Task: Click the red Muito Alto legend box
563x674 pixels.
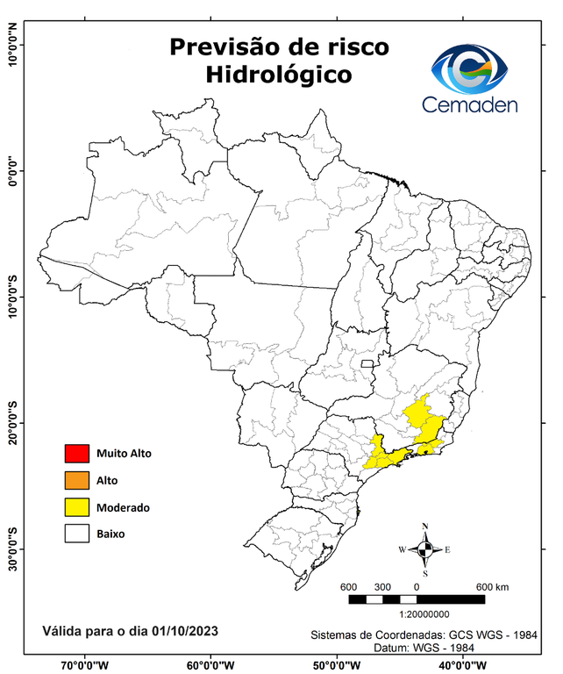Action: (x=77, y=454)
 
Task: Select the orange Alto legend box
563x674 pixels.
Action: (x=77, y=480)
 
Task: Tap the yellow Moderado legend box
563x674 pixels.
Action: (x=77, y=507)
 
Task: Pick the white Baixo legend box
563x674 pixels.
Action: (x=77, y=534)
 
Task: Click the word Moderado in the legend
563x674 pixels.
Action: (x=123, y=507)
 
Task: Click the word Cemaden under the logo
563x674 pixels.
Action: (x=471, y=104)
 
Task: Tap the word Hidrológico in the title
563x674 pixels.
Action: (x=279, y=75)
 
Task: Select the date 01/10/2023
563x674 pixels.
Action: (x=184, y=630)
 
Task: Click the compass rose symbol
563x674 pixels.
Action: (x=425, y=549)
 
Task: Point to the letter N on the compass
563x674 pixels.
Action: (x=425, y=527)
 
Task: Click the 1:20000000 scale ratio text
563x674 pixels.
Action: (x=425, y=614)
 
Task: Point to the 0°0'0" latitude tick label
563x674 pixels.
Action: (x=11, y=171)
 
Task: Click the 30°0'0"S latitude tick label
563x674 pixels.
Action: (x=11, y=549)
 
